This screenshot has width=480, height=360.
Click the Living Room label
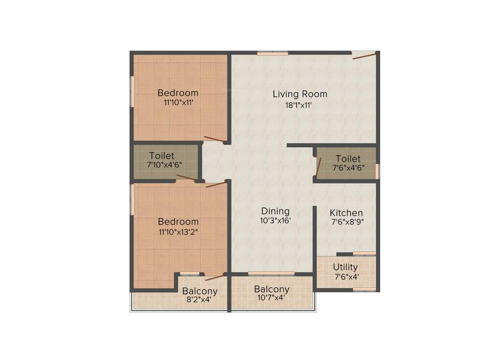pyautogui.click(x=300, y=94)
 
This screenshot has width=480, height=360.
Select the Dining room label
pyautogui.click(x=275, y=211)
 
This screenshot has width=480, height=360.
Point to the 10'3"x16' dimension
pyautogui.click(x=276, y=221)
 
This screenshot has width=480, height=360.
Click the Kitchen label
pyautogui.click(x=346, y=212)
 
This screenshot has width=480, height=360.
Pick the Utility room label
pyautogui.click(x=345, y=267)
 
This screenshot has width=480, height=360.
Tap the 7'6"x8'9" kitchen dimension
pyautogui.click(x=346, y=222)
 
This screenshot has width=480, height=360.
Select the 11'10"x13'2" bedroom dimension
pyautogui.click(x=178, y=231)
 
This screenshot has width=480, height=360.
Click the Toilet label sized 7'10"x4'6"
pyautogui.click(x=162, y=156)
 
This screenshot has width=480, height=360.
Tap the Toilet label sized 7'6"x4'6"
pyautogui.click(x=348, y=159)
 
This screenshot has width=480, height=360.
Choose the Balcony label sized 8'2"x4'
pyautogui.click(x=200, y=291)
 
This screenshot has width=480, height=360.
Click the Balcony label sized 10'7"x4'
pyautogui.click(x=271, y=289)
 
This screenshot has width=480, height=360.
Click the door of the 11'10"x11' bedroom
pyautogui.click(x=214, y=139)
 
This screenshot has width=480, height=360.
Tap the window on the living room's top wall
pyautogui.click(x=272, y=53)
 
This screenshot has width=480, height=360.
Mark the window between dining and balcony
pyautogui.click(x=271, y=273)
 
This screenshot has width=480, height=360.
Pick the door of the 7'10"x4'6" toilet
pyautogui.click(x=186, y=177)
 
